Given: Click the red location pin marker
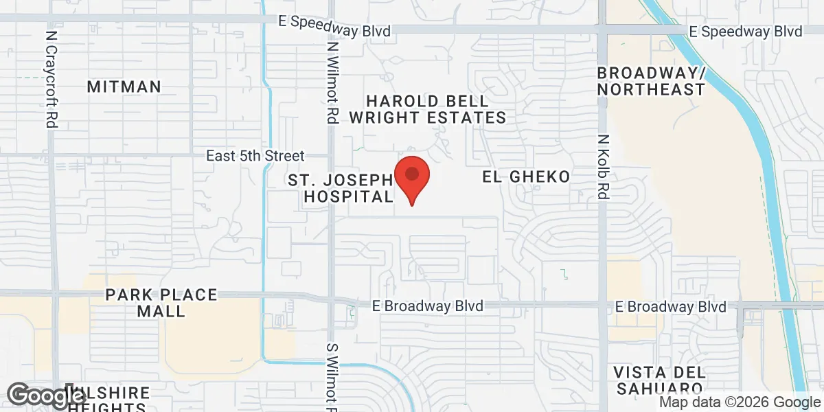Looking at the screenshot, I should [412, 177].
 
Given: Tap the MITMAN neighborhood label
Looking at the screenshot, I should [124, 87].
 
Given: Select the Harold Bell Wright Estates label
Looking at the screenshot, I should [427, 109].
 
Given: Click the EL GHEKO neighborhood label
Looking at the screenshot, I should [526, 177].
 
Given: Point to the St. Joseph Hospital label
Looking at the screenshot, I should [341, 188].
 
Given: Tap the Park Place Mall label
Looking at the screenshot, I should [161, 303].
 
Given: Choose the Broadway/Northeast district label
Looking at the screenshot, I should [650, 81].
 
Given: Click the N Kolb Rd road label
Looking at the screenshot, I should [603, 167].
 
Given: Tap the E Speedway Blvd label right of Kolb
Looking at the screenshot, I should [746, 32].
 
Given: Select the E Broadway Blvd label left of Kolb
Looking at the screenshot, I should [428, 306].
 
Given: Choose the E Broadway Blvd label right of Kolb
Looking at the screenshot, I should [671, 306].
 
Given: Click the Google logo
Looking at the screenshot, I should [38, 396].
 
